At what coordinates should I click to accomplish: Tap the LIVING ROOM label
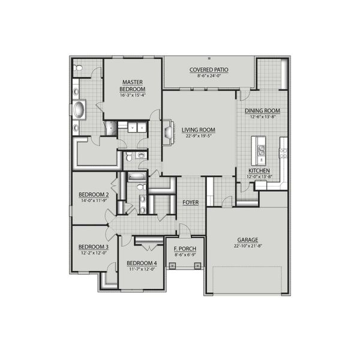click(x=199, y=130)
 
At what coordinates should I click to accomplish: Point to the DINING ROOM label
click(x=262, y=111)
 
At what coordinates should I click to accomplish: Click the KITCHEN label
click(x=260, y=170)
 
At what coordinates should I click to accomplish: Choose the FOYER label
click(x=191, y=202)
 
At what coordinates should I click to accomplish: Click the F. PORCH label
click(x=185, y=248)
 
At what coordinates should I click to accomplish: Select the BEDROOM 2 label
click(x=94, y=195)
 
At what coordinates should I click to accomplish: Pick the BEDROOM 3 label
click(x=94, y=247)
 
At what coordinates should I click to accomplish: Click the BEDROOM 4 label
click(x=141, y=263)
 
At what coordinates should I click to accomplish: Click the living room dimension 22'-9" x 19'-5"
click(x=199, y=136)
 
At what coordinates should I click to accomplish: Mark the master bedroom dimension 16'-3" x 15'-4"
click(x=132, y=95)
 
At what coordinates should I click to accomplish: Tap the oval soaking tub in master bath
click(x=79, y=110)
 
